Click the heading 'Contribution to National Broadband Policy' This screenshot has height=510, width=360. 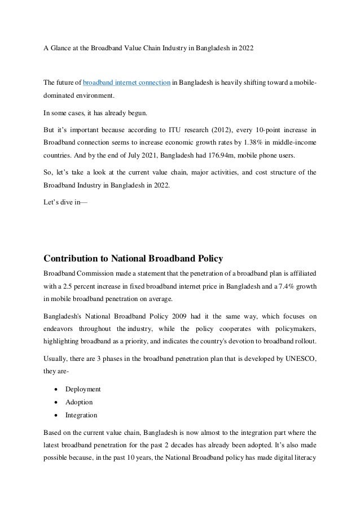tap(133, 259)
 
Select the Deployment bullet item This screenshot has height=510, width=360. tap(83, 389)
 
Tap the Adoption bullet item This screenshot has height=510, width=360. tap(79, 402)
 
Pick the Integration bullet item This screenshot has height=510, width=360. tap(81, 415)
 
